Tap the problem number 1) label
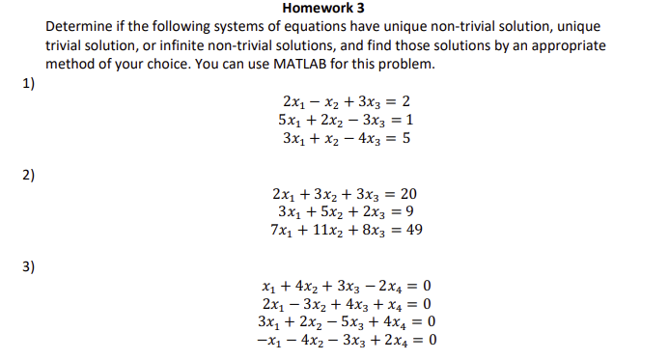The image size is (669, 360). coord(28,83)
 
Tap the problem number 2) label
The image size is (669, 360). coord(28,175)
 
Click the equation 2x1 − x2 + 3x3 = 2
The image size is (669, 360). coord(347,102)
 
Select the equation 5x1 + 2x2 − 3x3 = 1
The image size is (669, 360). coord(347,120)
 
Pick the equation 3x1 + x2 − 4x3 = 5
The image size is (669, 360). coord(347,138)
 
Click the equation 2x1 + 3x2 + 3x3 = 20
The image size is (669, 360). coord(346,194)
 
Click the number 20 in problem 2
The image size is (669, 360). coord(407,194)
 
